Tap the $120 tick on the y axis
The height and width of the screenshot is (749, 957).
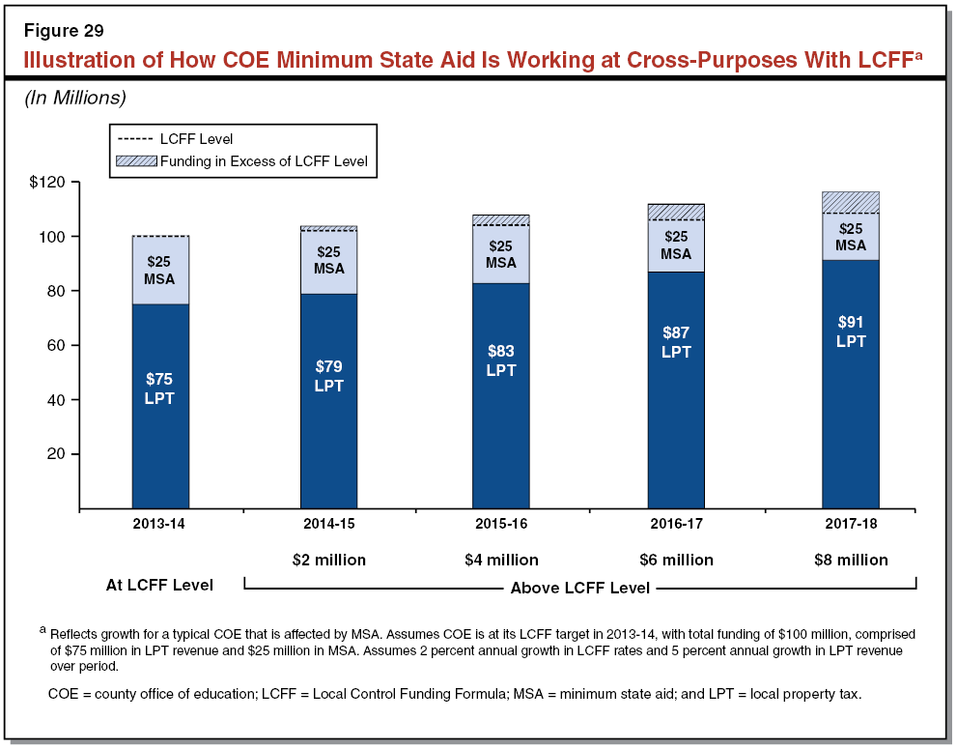(46, 183)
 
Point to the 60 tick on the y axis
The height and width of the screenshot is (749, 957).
(53, 346)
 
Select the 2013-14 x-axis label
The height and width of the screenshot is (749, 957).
(160, 523)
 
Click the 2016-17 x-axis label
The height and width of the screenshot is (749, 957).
(676, 523)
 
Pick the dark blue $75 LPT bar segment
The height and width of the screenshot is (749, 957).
(160, 406)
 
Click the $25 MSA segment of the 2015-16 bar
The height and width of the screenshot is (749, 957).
(500, 254)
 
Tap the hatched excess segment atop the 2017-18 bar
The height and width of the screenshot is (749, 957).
(850, 202)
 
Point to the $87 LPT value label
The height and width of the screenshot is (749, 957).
(676, 342)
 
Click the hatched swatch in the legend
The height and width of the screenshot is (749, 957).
(135, 161)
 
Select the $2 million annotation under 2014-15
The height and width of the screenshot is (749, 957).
(328, 560)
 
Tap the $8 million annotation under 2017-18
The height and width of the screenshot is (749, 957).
(850, 560)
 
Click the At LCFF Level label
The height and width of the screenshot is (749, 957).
(160, 585)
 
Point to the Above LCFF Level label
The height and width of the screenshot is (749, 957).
(579, 587)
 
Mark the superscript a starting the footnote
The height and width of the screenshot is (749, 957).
(42, 629)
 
